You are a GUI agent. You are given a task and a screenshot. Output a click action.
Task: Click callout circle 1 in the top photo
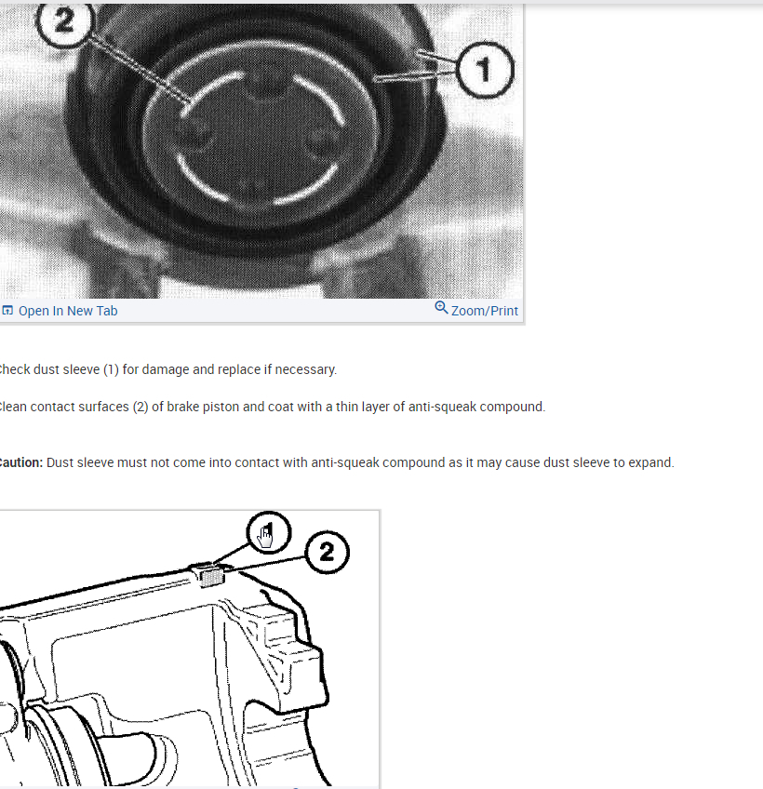coord(485,69)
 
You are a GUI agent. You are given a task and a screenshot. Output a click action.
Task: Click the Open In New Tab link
coord(68,311)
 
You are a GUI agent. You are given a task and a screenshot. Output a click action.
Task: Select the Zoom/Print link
coord(484,311)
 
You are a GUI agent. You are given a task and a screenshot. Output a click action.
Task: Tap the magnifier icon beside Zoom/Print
coord(441,308)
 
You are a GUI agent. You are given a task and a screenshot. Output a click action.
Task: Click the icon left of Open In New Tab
coord(7,311)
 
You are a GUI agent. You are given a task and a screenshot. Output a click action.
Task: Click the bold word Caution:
coord(20,462)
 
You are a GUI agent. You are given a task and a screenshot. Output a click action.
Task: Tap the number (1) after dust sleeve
coord(108,369)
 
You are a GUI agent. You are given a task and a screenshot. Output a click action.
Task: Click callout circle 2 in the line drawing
coord(327,553)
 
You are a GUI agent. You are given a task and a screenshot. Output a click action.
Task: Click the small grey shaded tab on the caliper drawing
coord(212,575)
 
